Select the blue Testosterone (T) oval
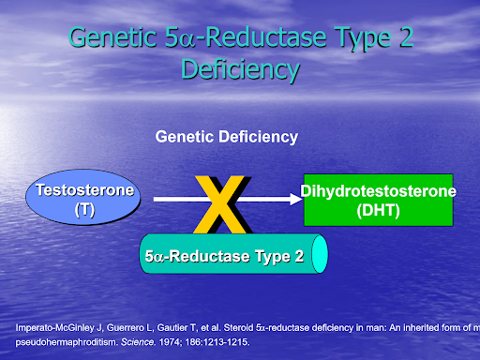click(x=84, y=200)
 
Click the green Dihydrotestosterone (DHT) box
click(x=378, y=200)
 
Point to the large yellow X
click(x=224, y=203)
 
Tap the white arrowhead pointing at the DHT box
click(x=289, y=199)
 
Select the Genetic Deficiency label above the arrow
click(x=226, y=137)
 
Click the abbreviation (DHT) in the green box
click(x=378, y=210)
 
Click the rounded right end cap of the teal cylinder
click(x=320, y=253)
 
